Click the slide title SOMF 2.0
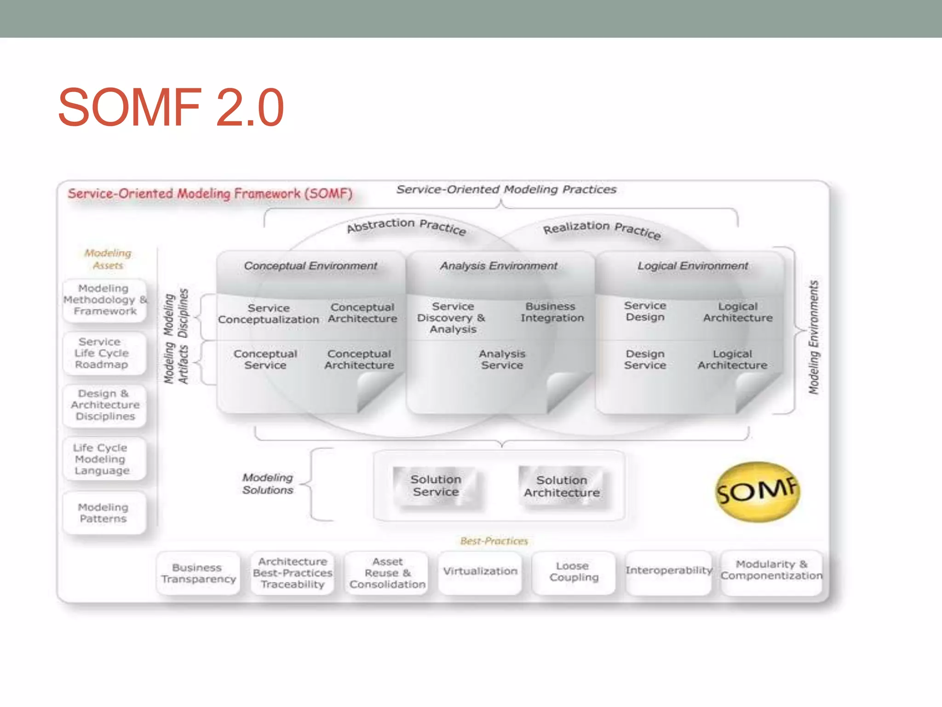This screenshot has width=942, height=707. (171, 107)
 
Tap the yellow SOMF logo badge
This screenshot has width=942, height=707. (757, 492)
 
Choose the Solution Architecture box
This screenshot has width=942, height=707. (562, 487)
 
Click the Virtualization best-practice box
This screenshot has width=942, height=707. (480, 572)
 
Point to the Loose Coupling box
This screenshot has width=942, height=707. (574, 572)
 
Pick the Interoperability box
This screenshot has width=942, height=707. (668, 571)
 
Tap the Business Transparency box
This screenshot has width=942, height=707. (198, 574)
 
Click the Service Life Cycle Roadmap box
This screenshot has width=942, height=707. (102, 353)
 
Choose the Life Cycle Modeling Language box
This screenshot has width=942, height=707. (102, 459)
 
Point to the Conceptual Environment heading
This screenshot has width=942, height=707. (310, 266)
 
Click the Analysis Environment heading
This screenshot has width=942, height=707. (499, 266)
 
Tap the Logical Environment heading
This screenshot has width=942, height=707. (693, 266)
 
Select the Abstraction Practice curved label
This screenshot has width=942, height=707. (407, 226)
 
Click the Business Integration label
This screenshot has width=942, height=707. (551, 313)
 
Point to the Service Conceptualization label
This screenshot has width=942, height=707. (269, 314)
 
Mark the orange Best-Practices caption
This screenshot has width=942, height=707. (494, 541)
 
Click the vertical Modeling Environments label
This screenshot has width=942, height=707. (814, 337)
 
